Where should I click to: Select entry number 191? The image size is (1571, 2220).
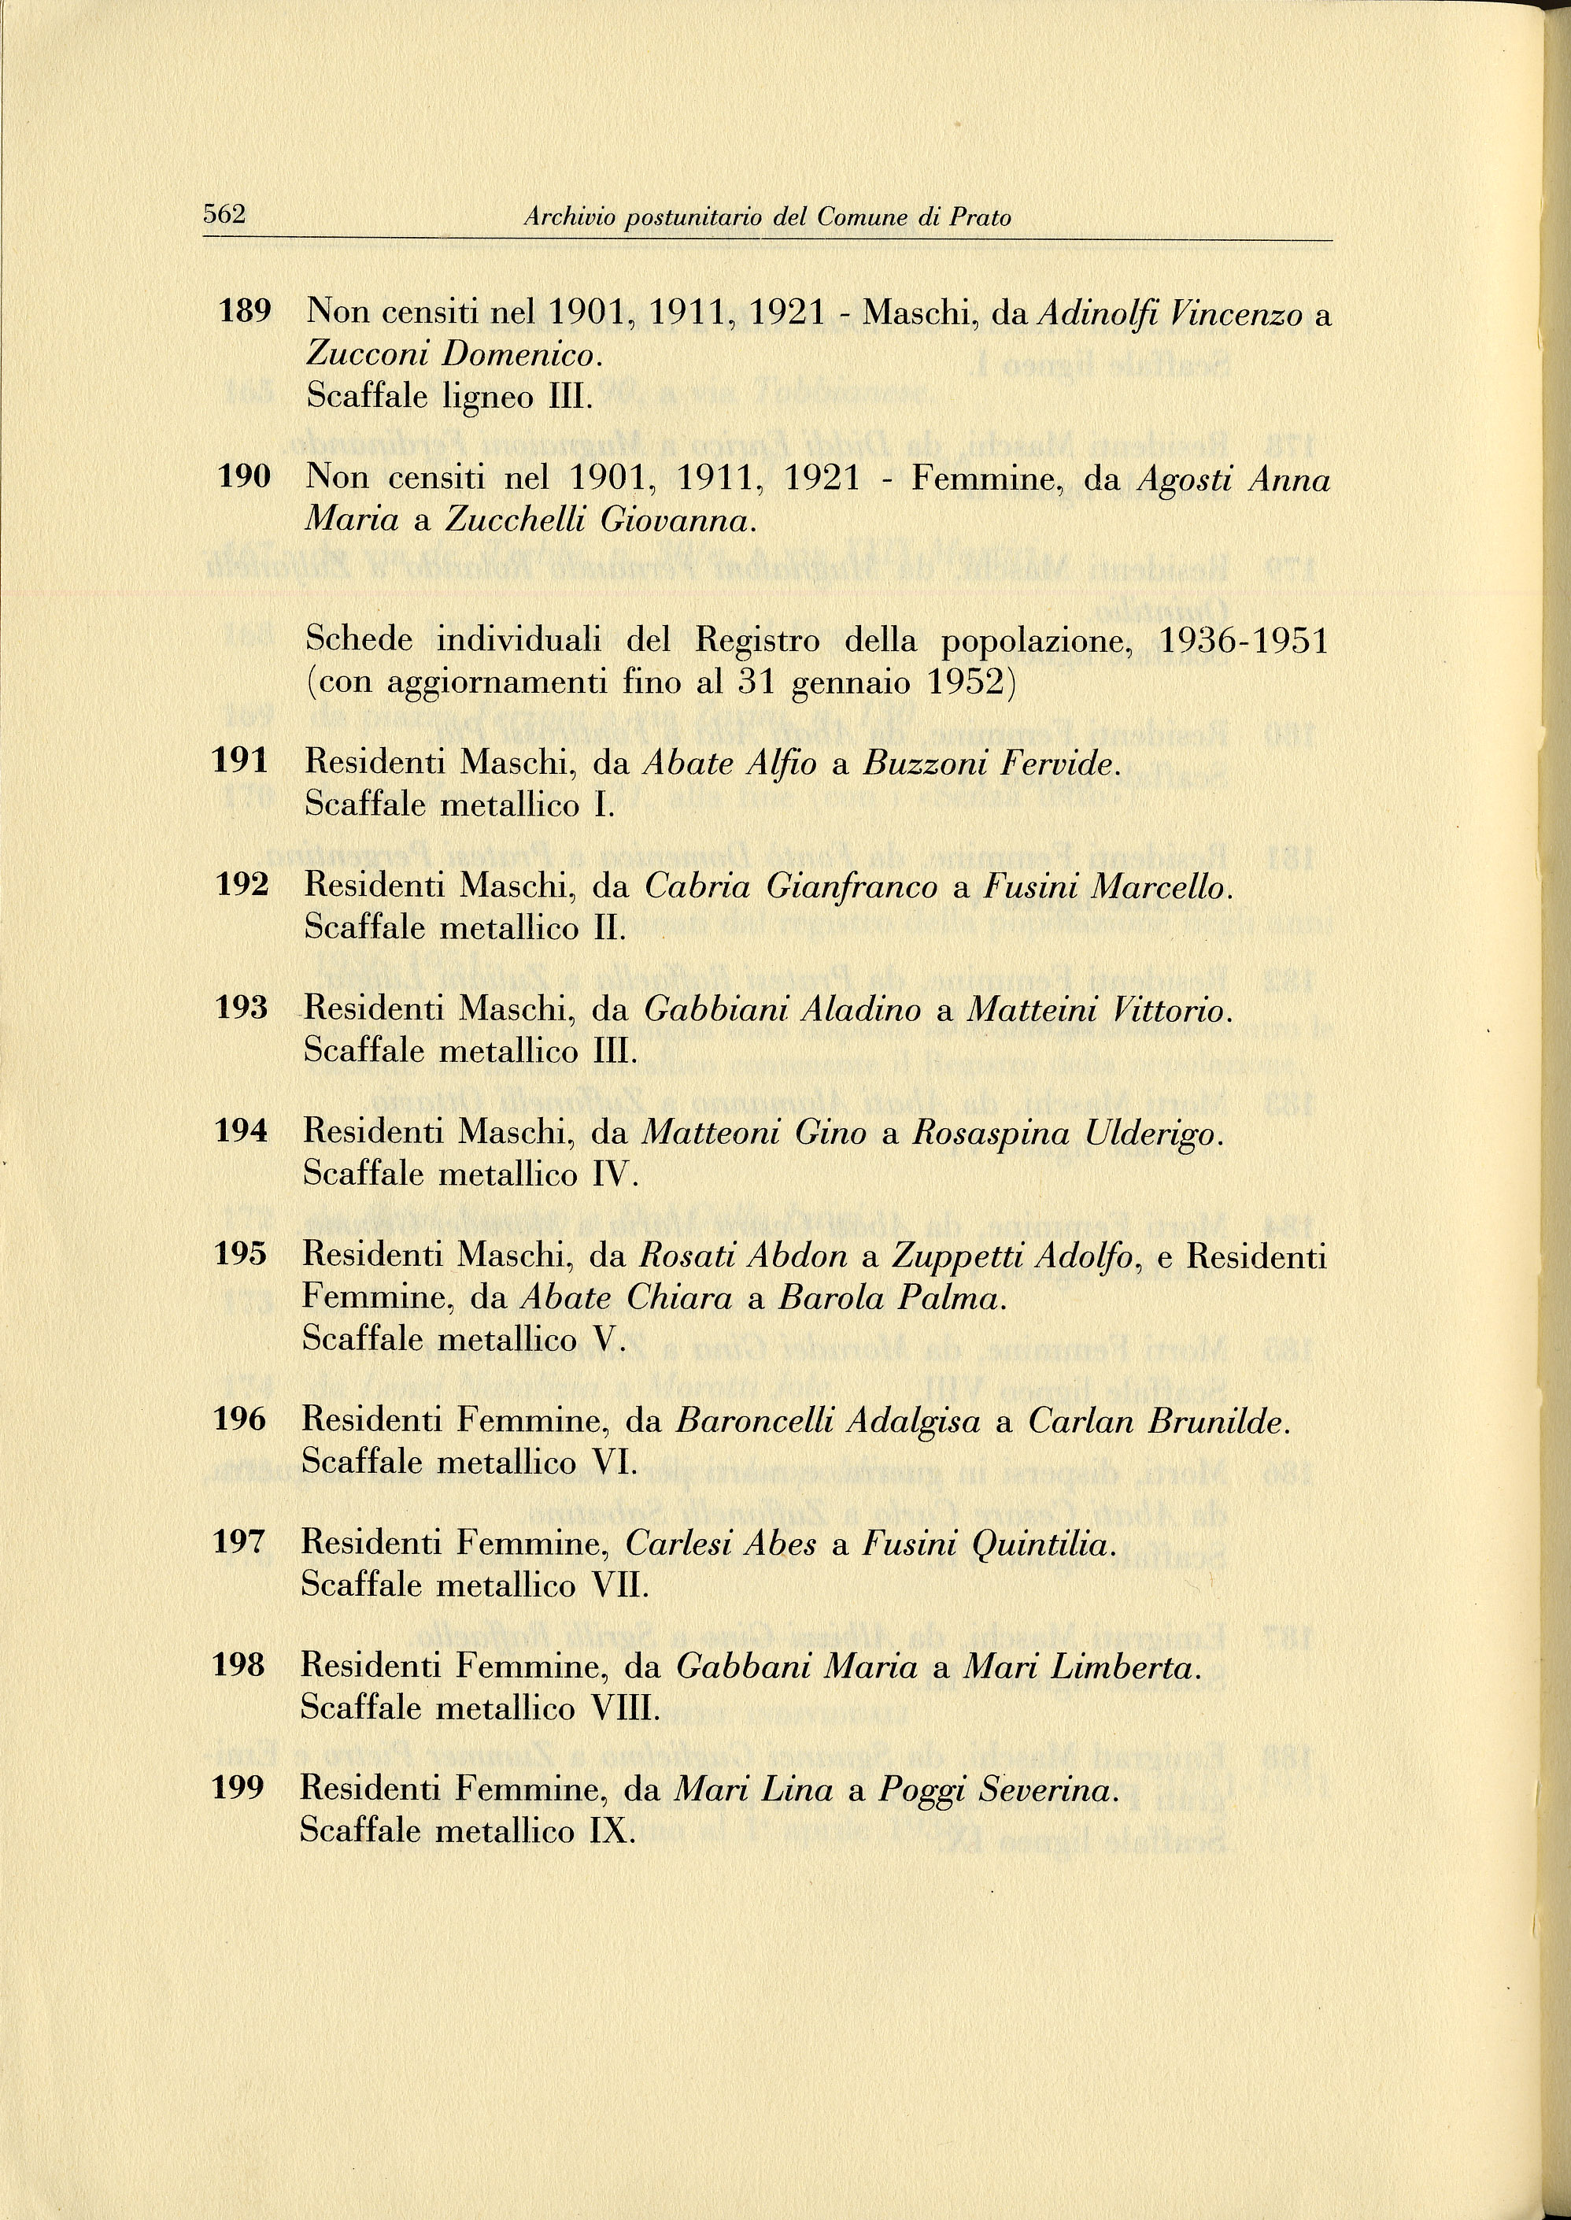click(240, 762)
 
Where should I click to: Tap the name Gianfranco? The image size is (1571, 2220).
click(852, 887)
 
